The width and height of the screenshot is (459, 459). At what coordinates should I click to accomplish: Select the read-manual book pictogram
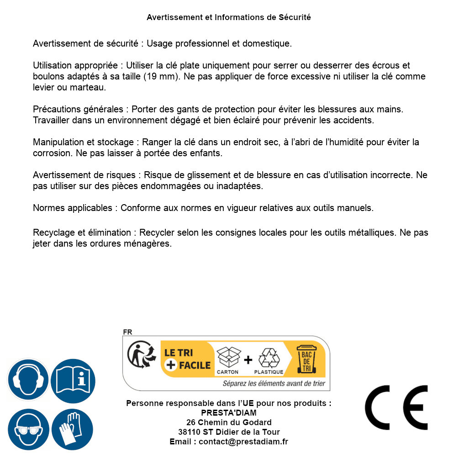[x=73, y=379]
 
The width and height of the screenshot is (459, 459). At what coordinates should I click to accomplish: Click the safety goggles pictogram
[x=27, y=430]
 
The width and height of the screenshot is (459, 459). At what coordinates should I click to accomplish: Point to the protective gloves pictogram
[x=72, y=430]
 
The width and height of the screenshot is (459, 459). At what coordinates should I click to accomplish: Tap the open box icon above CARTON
[x=228, y=357]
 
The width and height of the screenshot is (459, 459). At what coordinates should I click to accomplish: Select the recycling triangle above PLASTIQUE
[x=269, y=358]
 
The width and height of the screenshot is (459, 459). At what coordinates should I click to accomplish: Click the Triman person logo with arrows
[x=141, y=355]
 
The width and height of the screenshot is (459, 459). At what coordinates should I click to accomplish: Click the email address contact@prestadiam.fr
[x=243, y=442]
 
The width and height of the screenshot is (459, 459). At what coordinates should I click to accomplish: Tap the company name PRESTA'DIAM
[x=229, y=413]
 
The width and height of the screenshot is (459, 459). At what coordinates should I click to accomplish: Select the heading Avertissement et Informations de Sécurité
[x=229, y=17]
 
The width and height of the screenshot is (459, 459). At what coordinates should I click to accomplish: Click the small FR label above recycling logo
[x=127, y=332]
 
